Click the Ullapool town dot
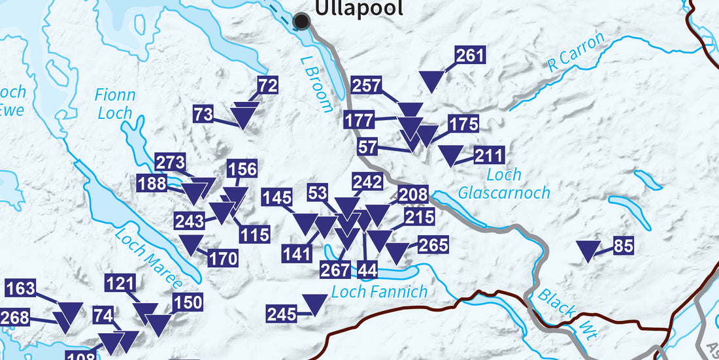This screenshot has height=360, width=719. (301, 22)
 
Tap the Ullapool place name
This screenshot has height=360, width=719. (359, 8)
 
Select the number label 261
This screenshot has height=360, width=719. (470, 56)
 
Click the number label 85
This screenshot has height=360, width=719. (624, 246)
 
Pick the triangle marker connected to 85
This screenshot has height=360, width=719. (589, 250)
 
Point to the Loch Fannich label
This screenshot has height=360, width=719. (379, 291)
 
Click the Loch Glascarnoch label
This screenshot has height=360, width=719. (504, 184)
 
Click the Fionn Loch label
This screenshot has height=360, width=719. (115, 104)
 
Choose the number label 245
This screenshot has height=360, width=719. (282, 314)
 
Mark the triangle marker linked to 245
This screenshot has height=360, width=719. (314, 303)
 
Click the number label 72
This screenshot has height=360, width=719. (268, 86)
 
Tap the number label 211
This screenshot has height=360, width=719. (489, 155)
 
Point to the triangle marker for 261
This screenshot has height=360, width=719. (431, 80)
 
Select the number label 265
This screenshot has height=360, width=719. (433, 244)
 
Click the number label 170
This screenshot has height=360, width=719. (223, 259)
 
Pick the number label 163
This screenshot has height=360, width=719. (20, 288)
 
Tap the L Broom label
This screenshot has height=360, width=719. (317, 84)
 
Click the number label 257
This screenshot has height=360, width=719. (367, 85)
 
